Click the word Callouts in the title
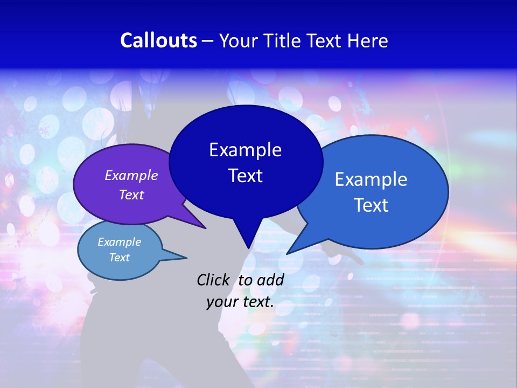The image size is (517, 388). click(159, 40)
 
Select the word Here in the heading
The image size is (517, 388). click(367, 40)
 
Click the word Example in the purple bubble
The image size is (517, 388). click(131, 175)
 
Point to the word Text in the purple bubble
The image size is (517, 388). click(131, 195)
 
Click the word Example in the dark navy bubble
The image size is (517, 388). click(245, 150)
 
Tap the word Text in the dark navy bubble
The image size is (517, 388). click(245, 176)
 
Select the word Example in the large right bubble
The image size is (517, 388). click(371, 179)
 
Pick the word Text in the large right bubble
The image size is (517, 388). click(371, 205)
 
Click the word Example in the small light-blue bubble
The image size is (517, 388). click(120, 242)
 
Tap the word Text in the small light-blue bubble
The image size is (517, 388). click(120, 258)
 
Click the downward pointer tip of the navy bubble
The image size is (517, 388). click(248, 247)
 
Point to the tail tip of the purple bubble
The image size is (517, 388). click(205, 228)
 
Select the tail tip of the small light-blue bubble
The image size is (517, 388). click(186, 257)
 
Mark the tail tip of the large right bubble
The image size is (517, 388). click(287, 253)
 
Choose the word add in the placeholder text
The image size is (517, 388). click(271, 280)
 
